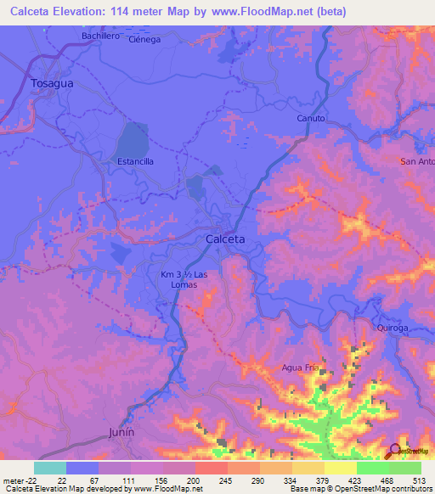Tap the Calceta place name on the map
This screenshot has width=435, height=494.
(225, 239)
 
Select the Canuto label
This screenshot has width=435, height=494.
(311, 118)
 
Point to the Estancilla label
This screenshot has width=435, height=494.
(134, 161)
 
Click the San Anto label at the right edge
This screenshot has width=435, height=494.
(416, 160)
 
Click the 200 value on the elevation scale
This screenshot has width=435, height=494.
(195, 480)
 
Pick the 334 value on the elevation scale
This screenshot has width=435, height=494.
(291, 480)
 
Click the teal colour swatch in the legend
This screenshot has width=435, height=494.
(49, 468)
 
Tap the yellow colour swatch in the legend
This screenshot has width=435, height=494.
(340, 468)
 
